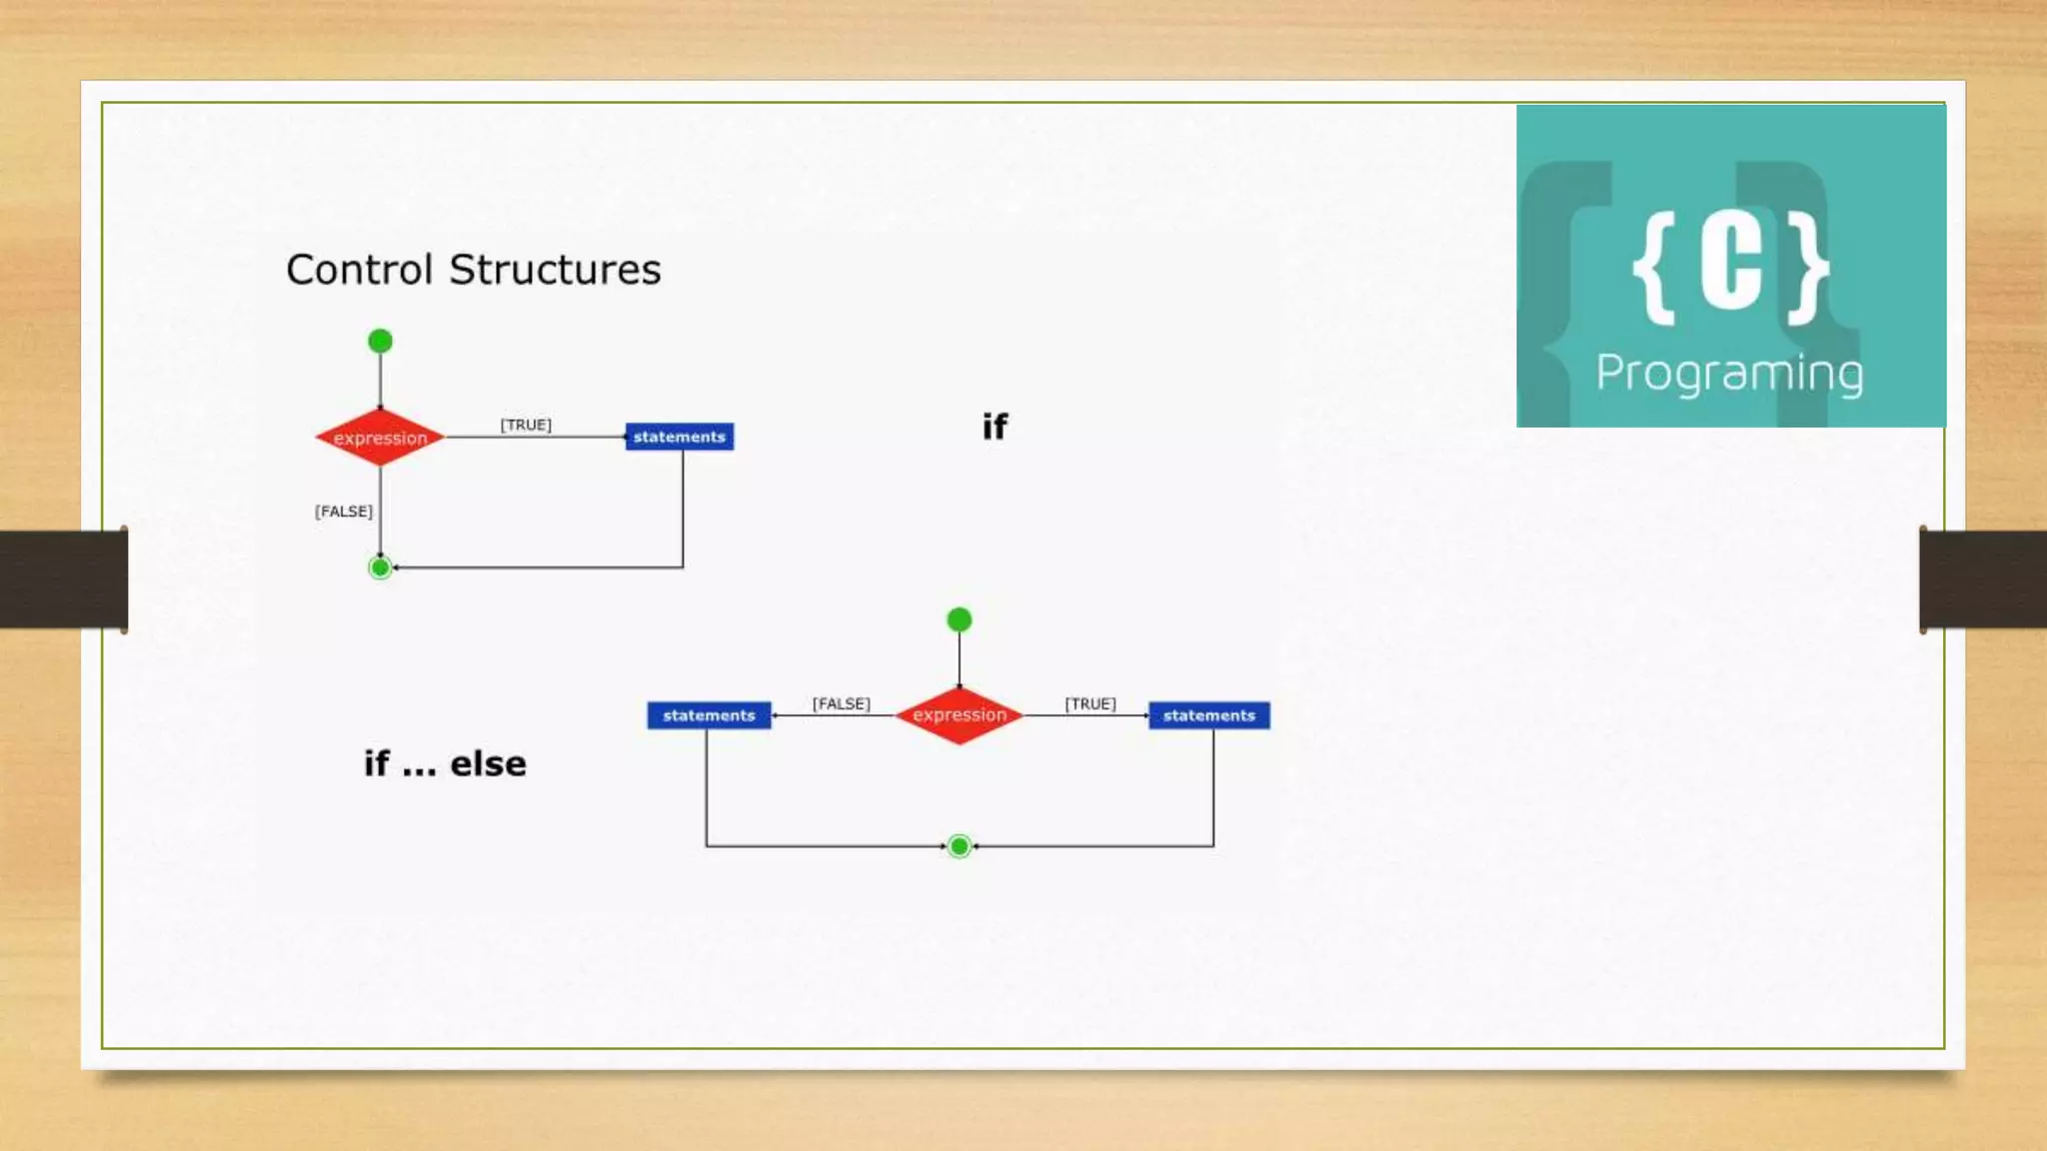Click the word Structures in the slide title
555,270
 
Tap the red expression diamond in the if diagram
380,438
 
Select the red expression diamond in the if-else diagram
959,715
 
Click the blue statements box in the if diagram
680,437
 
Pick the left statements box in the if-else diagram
709,715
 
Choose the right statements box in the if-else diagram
1208,715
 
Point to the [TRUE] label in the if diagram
526,425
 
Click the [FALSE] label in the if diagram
344,512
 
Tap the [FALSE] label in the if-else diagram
841,703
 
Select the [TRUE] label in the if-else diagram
1089,703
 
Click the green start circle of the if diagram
380,342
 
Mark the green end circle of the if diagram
380,568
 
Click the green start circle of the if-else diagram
960,620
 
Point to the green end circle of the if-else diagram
960,846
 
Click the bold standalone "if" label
995,428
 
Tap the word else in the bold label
488,764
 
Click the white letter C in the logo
1731,265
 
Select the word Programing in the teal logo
1729,374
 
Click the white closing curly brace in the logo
1808,267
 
